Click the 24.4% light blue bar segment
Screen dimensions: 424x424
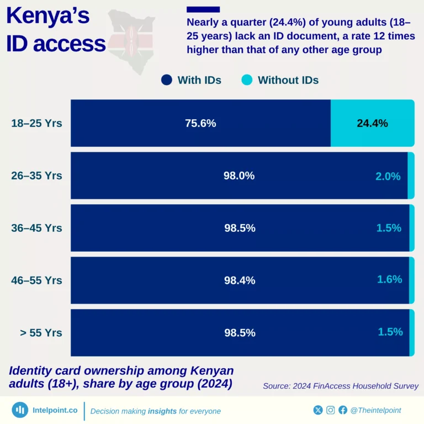(372, 123)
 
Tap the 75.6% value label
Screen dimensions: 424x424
(200, 123)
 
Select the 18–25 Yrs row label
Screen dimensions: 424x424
(36, 123)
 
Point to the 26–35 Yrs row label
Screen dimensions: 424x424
(36, 176)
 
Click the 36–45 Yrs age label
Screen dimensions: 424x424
(36, 227)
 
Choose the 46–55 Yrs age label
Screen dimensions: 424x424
(36, 280)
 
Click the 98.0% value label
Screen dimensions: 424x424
(239, 176)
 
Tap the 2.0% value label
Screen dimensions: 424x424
(388, 176)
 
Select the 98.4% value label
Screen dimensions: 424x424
(240, 280)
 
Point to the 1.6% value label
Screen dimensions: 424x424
(389, 279)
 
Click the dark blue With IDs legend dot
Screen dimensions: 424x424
(167, 80)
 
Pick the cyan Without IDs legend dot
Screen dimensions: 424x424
(247, 80)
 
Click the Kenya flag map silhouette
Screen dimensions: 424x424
(131, 39)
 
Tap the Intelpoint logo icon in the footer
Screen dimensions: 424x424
(20, 410)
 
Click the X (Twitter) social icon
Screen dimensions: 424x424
(318, 410)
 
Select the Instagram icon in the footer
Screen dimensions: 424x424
(330, 410)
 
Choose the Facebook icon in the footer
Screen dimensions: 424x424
(343, 410)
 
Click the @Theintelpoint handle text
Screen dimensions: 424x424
(376, 410)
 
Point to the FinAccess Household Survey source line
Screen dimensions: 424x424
(341, 386)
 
